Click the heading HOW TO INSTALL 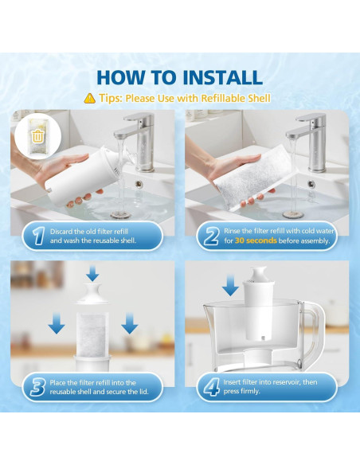pos(179,77)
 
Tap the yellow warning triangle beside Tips pos(89,99)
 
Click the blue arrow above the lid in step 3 pos(92,274)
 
